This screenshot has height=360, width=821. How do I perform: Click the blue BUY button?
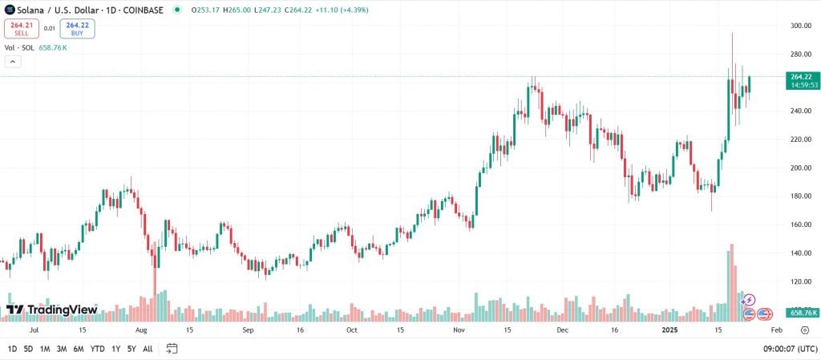[77, 29]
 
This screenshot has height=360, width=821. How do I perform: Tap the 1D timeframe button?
[12, 349]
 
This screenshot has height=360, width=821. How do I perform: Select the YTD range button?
[97, 349]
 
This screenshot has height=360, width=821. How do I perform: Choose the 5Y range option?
[131, 349]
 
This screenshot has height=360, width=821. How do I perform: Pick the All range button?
[148, 349]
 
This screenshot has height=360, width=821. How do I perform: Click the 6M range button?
[79, 349]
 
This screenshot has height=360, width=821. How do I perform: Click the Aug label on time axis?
[142, 330]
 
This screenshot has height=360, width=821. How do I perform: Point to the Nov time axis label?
[459, 330]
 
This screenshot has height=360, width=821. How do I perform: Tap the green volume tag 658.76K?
[803, 312]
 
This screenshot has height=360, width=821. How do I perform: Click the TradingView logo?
[51, 309]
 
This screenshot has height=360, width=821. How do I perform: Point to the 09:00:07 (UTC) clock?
[789, 349]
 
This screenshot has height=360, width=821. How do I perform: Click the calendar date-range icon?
[172, 349]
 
